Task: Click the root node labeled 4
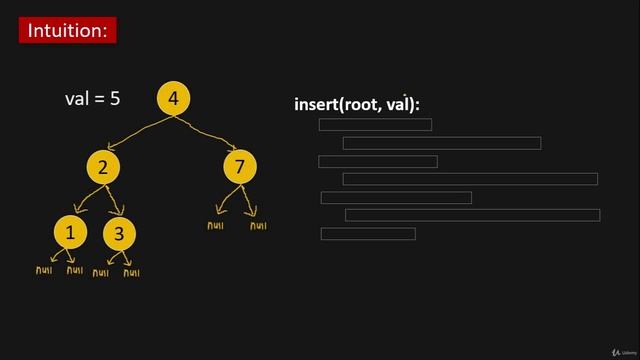pos(174,98)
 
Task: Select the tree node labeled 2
pos(103,167)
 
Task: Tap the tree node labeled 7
pos(239,166)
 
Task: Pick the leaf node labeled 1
pos(70,234)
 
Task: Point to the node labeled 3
pos(119,234)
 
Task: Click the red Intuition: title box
pos(68,30)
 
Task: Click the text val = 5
pos(92,99)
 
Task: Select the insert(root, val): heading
pos(357,104)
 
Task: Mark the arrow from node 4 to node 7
pos(205,130)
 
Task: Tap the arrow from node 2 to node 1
pos(88,200)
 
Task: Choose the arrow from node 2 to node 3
pos(113,200)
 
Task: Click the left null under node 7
pos(216,225)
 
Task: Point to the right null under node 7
pos(258,225)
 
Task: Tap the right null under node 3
pos(131,272)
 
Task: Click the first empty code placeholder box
pos(375,125)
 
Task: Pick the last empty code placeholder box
pos(368,234)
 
